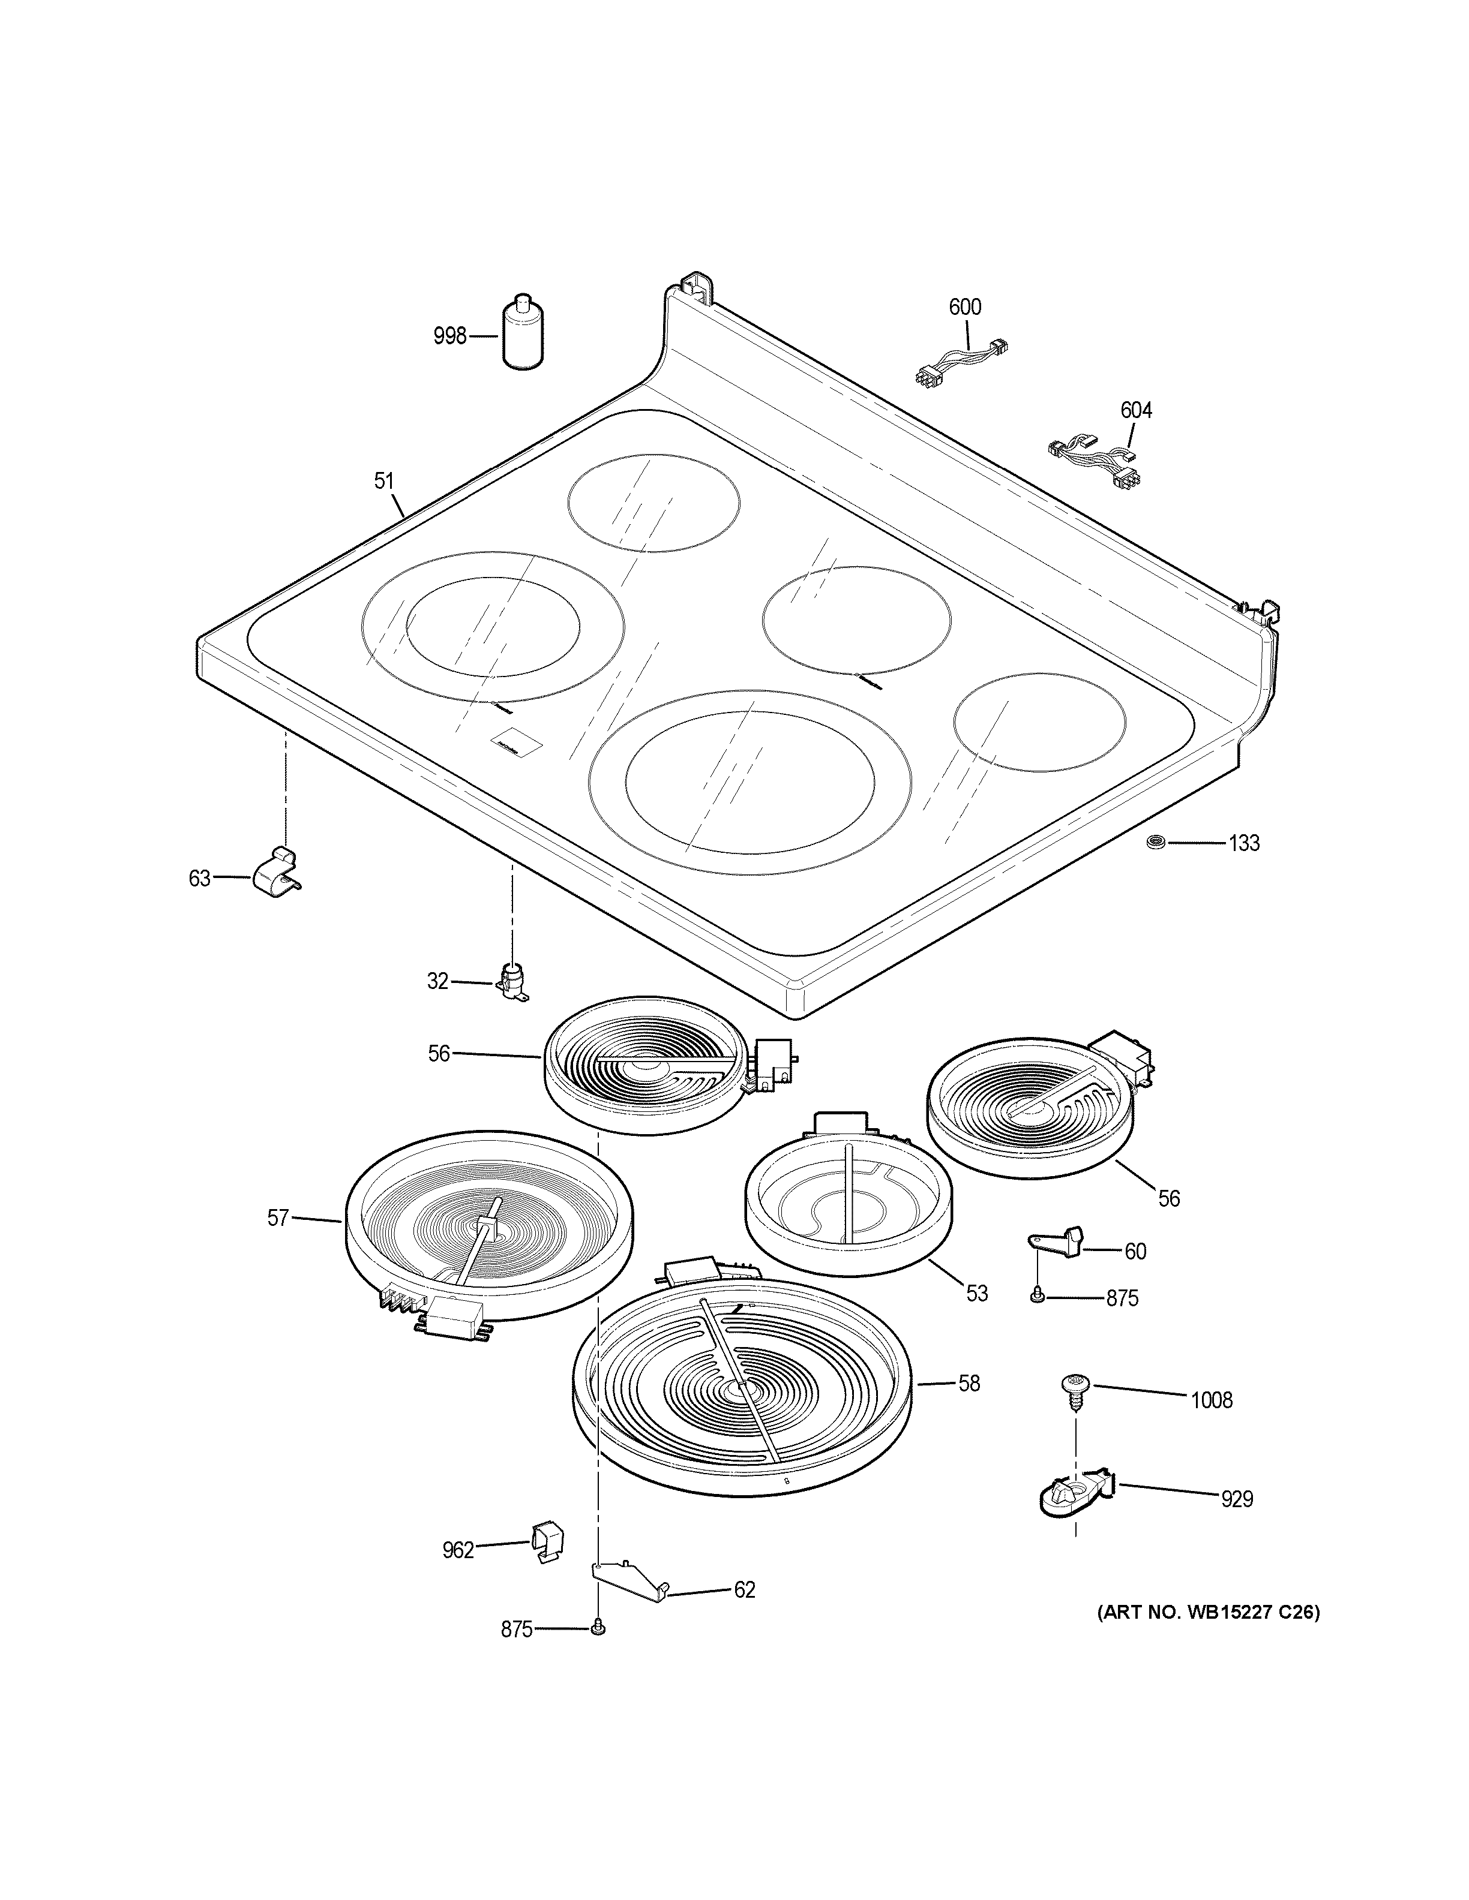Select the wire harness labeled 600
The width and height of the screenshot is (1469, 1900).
click(961, 360)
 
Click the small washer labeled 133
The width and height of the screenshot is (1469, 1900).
click(1156, 841)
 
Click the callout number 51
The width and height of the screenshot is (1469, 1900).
click(384, 480)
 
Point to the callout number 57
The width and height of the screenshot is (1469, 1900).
click(278, 1218)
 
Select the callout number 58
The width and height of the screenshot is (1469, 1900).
click(970, 1382)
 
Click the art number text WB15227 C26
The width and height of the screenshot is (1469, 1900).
click(1207, 1612)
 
